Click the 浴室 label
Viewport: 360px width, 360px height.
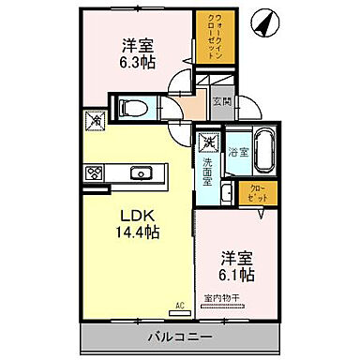(236, 151)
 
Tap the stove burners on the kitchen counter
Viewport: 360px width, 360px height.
(95, 172)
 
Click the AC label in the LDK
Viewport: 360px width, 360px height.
(179, 305)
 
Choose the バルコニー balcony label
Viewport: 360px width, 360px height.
(178, 337)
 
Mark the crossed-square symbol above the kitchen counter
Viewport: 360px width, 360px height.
(95, 119)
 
